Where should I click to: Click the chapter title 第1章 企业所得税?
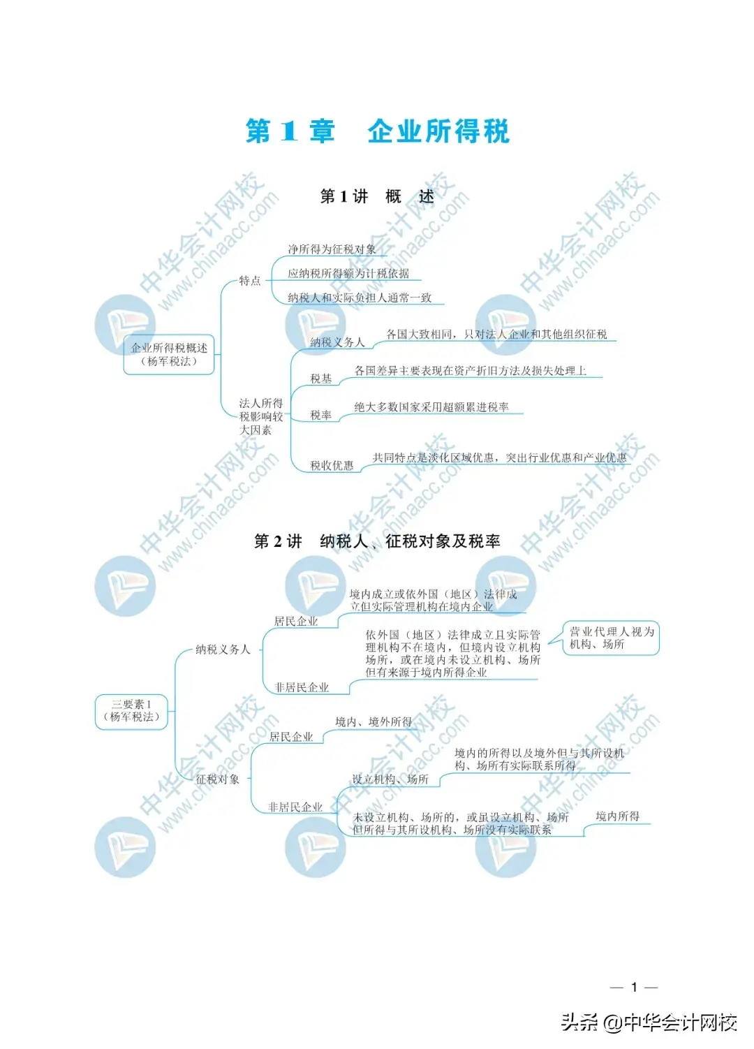377,131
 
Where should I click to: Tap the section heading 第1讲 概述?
377,196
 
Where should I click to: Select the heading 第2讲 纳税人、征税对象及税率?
377,541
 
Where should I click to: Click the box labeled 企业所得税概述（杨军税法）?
169,354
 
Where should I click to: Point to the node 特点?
250,281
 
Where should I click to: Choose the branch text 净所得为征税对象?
332,249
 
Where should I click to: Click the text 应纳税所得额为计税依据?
348,274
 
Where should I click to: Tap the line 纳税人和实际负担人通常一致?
360,298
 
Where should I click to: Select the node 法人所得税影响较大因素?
261,416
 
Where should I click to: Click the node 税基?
321,379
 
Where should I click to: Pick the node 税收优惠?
332,466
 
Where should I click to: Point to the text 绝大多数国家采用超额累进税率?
431,407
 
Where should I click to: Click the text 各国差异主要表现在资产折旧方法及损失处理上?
470,371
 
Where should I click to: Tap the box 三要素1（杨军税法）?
131,710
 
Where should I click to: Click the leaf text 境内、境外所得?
374,721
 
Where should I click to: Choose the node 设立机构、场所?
390,779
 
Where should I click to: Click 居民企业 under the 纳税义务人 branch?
296,621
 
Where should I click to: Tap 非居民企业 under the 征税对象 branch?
296,807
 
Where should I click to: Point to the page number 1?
634,987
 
